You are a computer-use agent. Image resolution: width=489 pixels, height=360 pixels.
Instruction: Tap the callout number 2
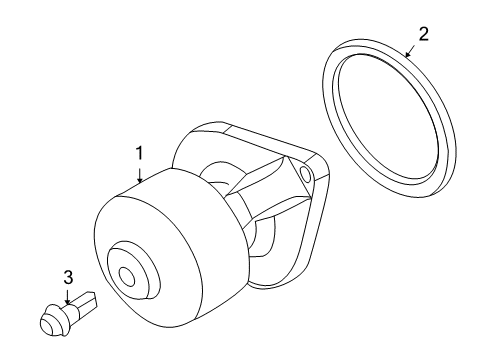[423, 35]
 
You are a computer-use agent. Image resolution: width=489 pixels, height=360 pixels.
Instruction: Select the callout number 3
[67, 276]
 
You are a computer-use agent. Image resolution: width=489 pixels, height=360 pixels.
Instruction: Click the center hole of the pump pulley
[126, 277]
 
